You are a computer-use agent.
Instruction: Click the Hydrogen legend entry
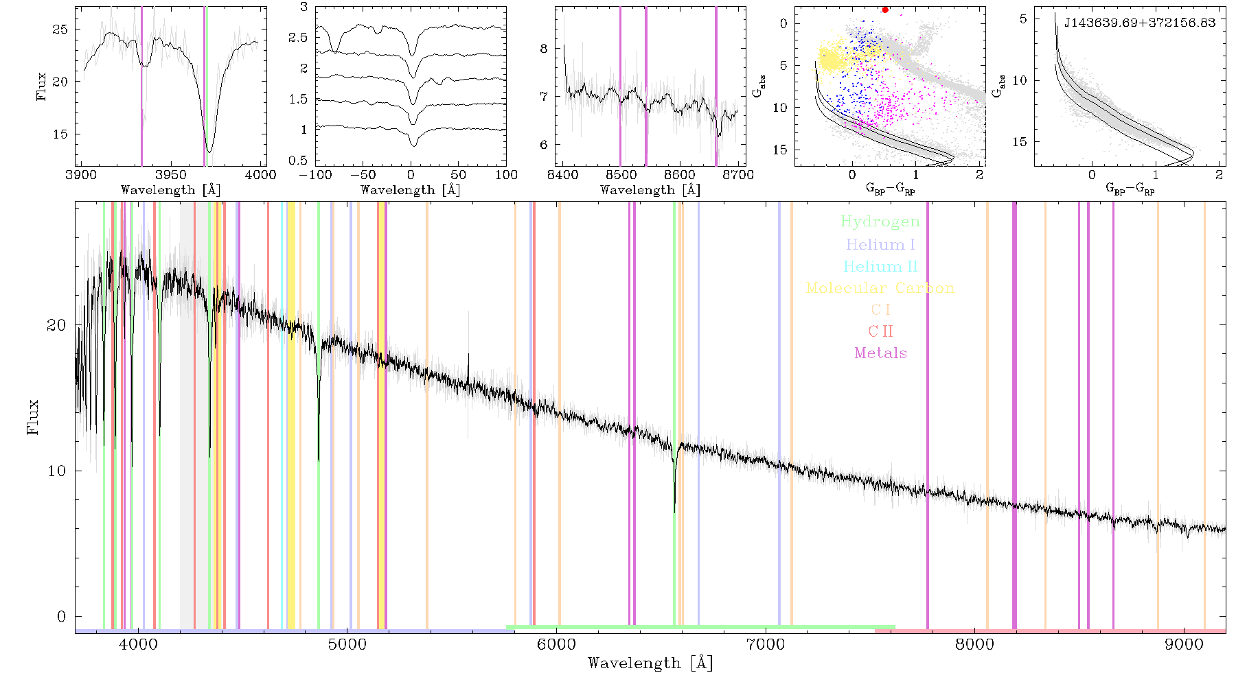[x=880, y=222]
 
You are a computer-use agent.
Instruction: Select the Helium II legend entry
[x=880, y=266]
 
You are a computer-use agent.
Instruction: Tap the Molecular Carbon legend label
[x=880, y=288]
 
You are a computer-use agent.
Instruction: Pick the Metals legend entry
[x=881, y=353]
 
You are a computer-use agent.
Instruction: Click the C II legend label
[x=880, y=331]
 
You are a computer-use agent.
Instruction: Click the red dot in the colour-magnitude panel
[x=885, y=10]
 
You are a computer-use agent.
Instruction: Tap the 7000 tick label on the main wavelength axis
[x=766, y=644]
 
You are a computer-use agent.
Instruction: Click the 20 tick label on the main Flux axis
[x=56, y=324]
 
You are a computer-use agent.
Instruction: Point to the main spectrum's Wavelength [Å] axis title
[x=650, y=663]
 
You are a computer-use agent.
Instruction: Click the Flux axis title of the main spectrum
[x=32, y=416]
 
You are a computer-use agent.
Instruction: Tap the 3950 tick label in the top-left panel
[x=171, y=174]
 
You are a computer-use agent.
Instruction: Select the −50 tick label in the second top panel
[x=363, y=174]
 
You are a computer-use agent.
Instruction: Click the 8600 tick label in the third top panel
[x=680, y=174]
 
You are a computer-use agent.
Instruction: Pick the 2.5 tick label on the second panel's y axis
[x=299, y=37]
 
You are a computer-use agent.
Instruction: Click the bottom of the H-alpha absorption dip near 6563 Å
[x=674, y=512]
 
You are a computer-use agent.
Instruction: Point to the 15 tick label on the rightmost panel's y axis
[x=1020, y=141]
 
